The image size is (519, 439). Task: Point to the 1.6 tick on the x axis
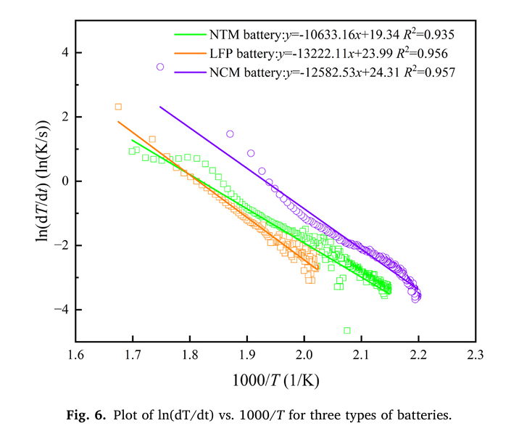(x=75, y=356)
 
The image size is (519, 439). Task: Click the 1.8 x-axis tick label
(x=190, y=356)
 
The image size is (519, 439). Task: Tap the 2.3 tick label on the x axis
(x=476, y=356)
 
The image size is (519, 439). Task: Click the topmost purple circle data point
(x=160, y=67)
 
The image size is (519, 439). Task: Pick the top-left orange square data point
(x=118, y=107)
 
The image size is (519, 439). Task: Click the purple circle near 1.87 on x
(x=230, y=134)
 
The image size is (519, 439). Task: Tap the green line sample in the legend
(x=189, y=34)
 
